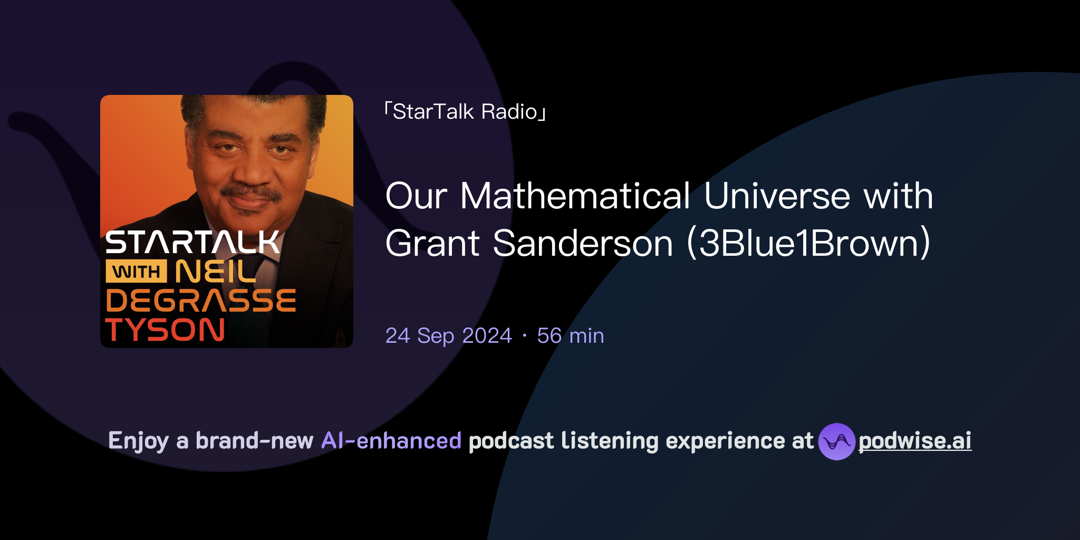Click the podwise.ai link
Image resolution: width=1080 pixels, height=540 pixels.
914,441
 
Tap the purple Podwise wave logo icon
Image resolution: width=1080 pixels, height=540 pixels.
836,441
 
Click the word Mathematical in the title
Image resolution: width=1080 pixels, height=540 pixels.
575,196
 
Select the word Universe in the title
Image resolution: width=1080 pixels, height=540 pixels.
777,196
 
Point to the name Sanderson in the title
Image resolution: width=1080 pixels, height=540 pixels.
583,244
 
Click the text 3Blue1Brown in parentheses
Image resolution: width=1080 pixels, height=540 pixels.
809,244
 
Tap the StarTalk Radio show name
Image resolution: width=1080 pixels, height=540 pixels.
465,112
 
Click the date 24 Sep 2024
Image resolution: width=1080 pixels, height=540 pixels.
449,336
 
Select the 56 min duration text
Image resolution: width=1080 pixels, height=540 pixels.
571,336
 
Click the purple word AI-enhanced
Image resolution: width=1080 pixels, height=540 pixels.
391,441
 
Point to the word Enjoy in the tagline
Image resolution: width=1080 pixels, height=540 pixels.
139,441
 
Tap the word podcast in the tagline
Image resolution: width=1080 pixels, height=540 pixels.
511,441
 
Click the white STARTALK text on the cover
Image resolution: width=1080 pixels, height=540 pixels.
192,243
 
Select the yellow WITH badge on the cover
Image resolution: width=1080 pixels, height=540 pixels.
137,272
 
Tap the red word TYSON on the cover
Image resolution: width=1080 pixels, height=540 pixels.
165,330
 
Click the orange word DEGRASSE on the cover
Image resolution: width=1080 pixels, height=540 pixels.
200,301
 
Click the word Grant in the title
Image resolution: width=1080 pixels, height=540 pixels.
432,244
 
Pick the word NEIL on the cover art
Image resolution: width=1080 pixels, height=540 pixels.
215,272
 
